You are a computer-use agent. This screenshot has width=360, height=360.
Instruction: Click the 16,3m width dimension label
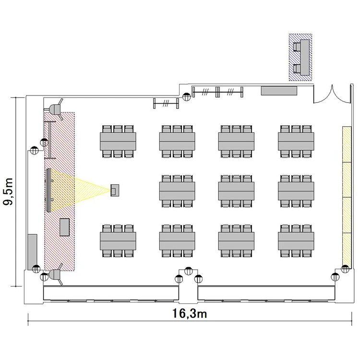tap(190, 313)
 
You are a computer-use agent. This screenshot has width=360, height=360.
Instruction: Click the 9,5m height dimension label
tap(8, 192)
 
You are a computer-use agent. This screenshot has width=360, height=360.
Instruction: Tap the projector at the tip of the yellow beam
tap(115, 190)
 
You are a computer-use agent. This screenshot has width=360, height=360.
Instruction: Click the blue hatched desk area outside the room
tap(300, 57)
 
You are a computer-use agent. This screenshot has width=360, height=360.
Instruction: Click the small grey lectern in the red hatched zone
tap(64, 227)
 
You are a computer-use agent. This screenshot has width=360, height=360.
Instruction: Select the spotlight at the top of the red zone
tap(56, 109)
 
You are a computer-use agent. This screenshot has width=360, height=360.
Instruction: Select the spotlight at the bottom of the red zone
tap(56, 275)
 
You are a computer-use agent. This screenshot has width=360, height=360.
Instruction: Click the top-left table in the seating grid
tap(118, 142)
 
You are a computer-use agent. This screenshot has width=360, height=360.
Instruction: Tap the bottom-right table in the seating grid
tap(296, 241)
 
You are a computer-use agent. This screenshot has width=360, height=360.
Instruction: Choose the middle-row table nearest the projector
tap(177, 191)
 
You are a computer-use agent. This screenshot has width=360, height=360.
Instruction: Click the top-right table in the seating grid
tap(296, 142)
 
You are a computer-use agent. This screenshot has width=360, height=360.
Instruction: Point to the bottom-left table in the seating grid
tap(118, 241)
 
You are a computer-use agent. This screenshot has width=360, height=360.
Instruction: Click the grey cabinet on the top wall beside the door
tap(279, 90)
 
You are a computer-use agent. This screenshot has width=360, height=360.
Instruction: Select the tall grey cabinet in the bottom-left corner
tap(32, 252)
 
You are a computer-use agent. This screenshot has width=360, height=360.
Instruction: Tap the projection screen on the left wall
tap(48, 190)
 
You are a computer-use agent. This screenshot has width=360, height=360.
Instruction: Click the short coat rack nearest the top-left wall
tap(166, 103)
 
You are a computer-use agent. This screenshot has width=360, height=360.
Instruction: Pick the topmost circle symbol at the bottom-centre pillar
tap(189, 271)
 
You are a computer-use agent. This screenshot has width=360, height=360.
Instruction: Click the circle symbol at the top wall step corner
tap(186, 96)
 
